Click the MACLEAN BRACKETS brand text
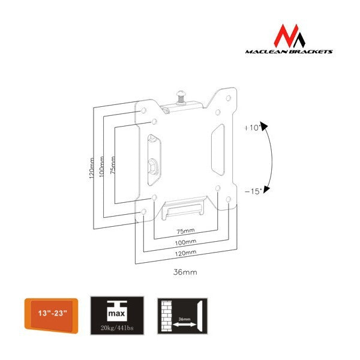click(289, 52)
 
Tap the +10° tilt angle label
click(253, 128)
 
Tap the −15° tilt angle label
click(253, 191)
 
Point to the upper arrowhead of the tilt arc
click(264, 126)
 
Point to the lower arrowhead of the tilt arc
click(266, 189)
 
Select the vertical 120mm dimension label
click(92, 168)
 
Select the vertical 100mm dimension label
click(102, 166)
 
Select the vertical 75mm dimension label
click(113, 165)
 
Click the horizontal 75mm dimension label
click(185, 231)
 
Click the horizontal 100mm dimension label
click(185, 242)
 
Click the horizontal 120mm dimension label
click(185, 253)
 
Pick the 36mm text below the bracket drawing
click(185, 272)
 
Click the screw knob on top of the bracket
click(181, 97)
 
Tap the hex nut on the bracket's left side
click(153, 166)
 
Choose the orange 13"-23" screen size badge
click(52, 316)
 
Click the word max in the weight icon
click(116, 313)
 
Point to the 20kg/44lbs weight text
click(117, 328)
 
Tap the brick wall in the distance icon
click(167, 316)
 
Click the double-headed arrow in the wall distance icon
click(184, 325)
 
